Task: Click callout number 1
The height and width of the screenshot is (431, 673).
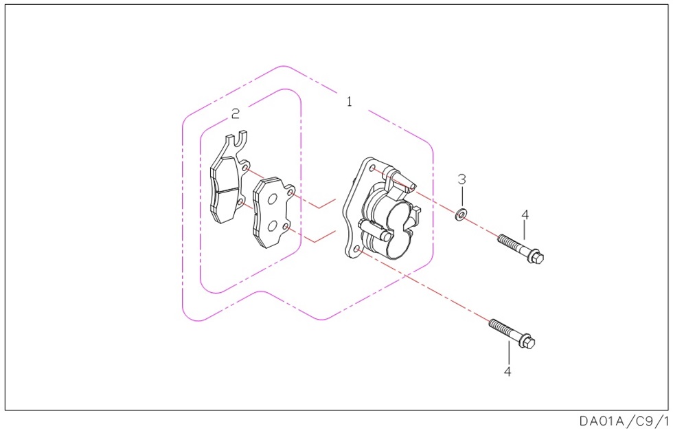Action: tap(349, 102)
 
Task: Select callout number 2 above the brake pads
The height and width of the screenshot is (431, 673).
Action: tap(236, 113)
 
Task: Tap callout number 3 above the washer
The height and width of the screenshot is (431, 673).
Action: tap(462, 179)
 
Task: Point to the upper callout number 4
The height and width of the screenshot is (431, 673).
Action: tap(525, 215)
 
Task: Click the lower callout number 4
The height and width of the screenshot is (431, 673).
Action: tap(508, 371)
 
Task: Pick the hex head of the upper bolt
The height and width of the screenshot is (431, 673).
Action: tap(538, 258)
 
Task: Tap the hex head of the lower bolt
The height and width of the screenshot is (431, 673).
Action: tap(527, 341)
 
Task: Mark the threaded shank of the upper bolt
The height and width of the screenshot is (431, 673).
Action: tap(512, 245)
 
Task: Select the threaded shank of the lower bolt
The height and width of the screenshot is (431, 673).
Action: tap(502, 328)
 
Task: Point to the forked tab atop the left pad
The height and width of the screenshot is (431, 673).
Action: tap(238, 142)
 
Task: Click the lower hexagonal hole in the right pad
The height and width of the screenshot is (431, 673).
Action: tap(272, 225)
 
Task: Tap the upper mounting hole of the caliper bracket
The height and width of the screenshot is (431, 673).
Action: tap(372, 168)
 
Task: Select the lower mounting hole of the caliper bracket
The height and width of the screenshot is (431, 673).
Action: tap(355, 249)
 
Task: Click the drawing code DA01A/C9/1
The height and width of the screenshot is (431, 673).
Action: tap(623, 421)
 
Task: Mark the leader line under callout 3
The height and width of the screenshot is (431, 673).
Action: tap(462, 195)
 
